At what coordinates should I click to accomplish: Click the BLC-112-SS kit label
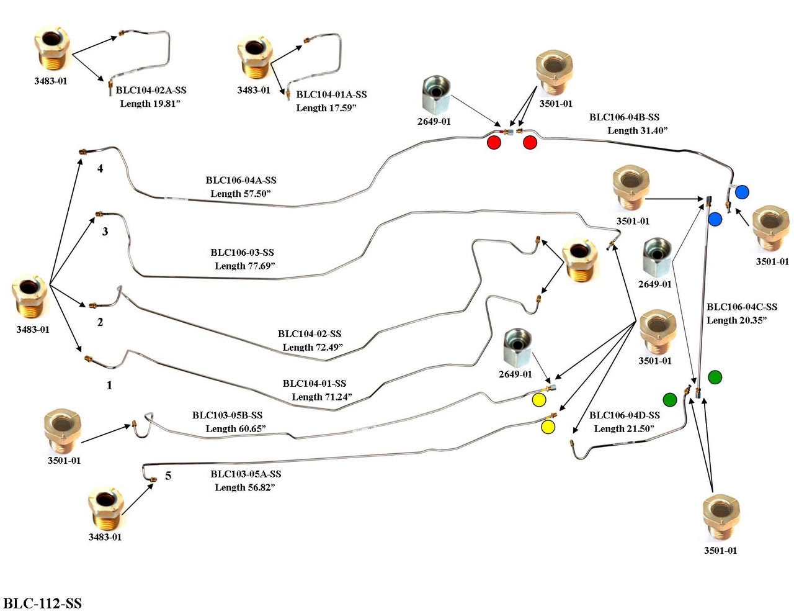coord(42,603)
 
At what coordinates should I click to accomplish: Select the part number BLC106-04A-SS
coord(241,181)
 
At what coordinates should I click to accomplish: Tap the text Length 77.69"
coord(244,266)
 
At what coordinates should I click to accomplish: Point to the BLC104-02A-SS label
coord(151,90)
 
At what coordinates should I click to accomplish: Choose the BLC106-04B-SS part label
coord(624,117)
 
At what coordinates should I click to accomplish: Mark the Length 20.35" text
coord(736,320)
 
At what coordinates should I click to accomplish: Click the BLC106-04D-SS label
coord(624,415)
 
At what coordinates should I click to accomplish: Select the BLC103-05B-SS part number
coord(227,415)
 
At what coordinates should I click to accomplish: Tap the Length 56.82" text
coord(244,487)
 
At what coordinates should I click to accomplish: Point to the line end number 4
coord(100,168)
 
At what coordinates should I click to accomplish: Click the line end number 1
coord(109,386)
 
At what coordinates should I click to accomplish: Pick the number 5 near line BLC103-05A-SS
coord(168,476)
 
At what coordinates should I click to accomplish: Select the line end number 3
coord(105,232)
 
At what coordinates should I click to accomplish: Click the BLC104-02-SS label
coord(309,334)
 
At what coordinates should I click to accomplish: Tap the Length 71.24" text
coord(321,397)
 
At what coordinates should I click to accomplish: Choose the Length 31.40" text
coord(637,130)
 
